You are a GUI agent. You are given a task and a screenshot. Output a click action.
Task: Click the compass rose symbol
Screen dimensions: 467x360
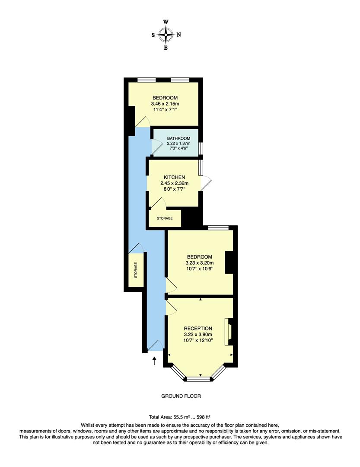pyautogui.click(x=166, y=34)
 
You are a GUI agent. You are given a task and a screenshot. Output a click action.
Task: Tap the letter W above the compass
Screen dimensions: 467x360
pyautogui.click(x=166, y=22)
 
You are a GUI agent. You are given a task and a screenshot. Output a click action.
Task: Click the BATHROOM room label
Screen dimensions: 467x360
pyautogui.click(x=178, y=138)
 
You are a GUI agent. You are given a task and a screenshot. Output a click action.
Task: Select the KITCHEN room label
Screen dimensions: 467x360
pyautogui.click(x=175, y=177)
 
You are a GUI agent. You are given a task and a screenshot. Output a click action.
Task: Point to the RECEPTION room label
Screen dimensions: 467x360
pyautogui.click(x=198, y=328)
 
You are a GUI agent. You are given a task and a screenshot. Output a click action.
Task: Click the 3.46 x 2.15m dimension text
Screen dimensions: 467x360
pyautogui.click(x=165, y=104)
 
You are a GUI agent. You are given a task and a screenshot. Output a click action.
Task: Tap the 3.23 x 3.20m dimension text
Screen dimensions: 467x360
pyautogui.click(x=199, y=263)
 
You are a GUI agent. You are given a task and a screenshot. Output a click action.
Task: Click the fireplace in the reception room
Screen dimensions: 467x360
pyautogui.click(x=228, y=332)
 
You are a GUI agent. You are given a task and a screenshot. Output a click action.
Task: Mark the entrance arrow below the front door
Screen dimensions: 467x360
pyautogui.click(x=154, y=361)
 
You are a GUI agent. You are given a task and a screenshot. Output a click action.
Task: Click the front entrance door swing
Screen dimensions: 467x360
pyautogui.click(x=156, y=345)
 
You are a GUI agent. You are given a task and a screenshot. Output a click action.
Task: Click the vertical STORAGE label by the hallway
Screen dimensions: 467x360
pyautogui.click(x=135, y=270)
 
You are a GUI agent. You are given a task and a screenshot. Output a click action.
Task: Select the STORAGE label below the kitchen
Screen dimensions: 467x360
pyautogui.click(x=165, y=218)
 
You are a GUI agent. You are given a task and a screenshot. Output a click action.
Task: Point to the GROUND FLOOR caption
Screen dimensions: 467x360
pyautogui.click(x=181, y=396)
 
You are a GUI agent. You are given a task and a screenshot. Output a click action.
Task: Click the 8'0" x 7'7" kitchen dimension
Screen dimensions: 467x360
pyautogui.click(x=175, y=189)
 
